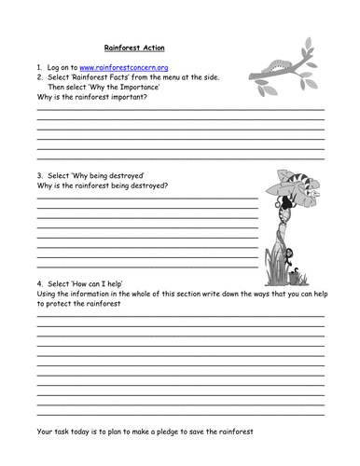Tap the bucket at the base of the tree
tap(296, 277)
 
